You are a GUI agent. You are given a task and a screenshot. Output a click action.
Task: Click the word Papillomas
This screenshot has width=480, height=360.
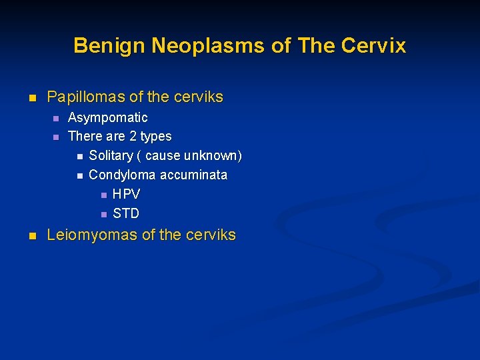pyautogui.click(x=86, y=97)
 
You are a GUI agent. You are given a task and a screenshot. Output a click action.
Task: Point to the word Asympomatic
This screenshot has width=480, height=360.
pyautogui.click(x=108, y=118)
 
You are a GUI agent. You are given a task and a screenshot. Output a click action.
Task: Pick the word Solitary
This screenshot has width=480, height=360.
pyautogui.click(x=111, y=156)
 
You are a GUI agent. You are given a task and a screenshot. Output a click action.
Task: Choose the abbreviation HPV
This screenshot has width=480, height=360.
pyautogui.click(x=126, y=195)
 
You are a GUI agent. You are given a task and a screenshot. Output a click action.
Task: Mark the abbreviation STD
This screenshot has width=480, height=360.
pyautogui.click(x=126, y=214)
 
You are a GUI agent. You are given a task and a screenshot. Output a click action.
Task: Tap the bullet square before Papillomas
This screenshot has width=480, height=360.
pyautogui.click(x=31, y=98)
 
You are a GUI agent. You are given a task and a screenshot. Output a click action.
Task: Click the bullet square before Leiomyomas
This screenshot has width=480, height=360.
pyautogui.click(x=31, y=236)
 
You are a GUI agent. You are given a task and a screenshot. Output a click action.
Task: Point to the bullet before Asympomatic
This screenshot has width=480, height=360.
pyautogui.click(x=55, y=119)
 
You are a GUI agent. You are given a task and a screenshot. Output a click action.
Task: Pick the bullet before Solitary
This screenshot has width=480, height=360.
pyautogui.click(x=79, y=157)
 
